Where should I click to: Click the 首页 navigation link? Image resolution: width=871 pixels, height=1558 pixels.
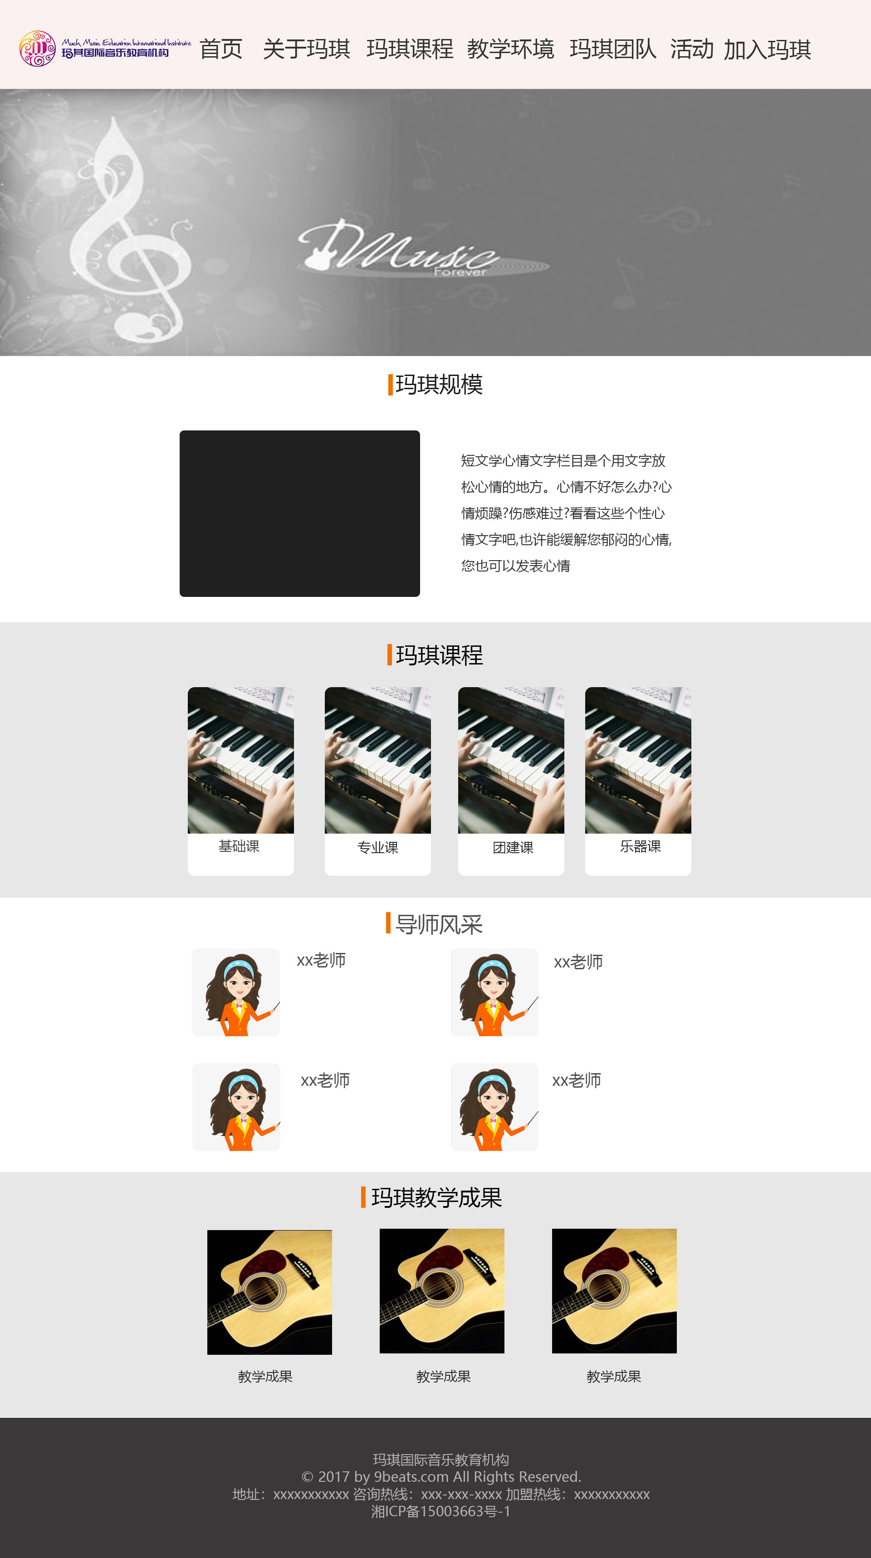[221, 49]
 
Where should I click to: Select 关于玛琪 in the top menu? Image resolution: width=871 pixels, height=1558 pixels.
[307, 49]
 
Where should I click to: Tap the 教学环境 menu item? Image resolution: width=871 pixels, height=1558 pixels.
[510, 49]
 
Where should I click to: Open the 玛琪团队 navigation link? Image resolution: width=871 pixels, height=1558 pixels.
[613, 49]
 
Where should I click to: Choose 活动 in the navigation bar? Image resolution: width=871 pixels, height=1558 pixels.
[692, 49]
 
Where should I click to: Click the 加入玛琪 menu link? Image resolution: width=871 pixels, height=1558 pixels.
[767, 49]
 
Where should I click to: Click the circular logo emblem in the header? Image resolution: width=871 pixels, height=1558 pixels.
[38, 49]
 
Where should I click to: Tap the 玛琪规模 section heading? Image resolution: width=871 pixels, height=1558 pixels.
[439, 385]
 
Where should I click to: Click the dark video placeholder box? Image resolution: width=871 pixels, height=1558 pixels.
[299, 513]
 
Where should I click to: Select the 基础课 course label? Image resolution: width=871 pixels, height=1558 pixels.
[239, 846]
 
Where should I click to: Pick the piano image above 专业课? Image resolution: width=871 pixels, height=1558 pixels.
[377, 760]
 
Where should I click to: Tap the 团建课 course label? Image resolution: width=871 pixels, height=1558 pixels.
[513, 847]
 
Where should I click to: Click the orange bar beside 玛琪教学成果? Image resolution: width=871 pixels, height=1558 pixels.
[363, 1197]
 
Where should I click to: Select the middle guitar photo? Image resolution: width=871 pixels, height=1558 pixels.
[441, 1291]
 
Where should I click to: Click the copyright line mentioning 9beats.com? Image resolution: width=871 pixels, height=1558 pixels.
[441, 1476]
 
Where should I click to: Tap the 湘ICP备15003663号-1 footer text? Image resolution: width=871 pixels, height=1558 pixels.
[440, 1511]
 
